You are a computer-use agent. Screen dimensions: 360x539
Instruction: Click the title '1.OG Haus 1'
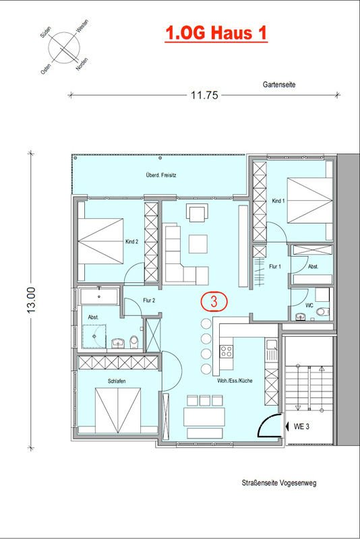[216, 33]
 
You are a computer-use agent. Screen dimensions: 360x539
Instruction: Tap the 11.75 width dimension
[204, 95]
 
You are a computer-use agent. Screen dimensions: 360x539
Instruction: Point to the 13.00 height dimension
[31, 300]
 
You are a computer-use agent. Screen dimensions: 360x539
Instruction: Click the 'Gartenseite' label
[279, 84]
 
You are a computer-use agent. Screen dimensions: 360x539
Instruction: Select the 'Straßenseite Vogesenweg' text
[279, 482]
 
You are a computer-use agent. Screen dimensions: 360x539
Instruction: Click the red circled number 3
[214, 301]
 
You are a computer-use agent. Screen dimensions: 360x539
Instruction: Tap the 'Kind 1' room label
[278, 201]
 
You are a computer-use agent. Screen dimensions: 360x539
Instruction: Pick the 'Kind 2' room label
[131, 242]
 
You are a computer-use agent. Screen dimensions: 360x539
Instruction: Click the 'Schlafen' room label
[117, 381]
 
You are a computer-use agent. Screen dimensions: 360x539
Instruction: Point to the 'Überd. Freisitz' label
[161, 175]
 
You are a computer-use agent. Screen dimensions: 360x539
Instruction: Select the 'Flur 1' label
[275, 266]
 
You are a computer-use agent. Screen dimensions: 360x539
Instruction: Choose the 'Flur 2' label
[149, 300]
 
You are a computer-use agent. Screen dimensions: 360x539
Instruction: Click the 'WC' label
[309, 305]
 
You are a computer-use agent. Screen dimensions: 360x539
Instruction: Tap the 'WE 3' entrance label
[301, 426]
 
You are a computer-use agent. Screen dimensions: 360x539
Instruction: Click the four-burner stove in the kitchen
[227, 351]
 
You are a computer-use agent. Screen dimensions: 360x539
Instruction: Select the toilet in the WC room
[322, 312]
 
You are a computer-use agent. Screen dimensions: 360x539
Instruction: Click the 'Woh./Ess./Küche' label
[235, 381]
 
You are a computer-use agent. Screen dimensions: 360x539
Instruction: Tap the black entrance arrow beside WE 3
[287, 426]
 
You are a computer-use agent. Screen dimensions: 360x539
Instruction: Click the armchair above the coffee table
[198, 212]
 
